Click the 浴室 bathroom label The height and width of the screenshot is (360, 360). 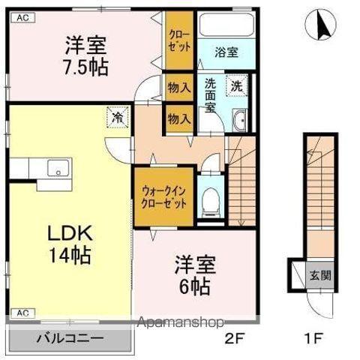coord(226,52)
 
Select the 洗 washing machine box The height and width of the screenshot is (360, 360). coord(236,85)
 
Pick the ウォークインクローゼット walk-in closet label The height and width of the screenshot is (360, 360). coord(163,198)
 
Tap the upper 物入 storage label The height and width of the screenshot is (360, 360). coord(179,88)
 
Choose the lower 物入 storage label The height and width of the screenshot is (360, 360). coord(179,118)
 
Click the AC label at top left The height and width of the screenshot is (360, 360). coord(22,16)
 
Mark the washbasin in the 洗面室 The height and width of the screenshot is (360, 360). coord(241,123)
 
